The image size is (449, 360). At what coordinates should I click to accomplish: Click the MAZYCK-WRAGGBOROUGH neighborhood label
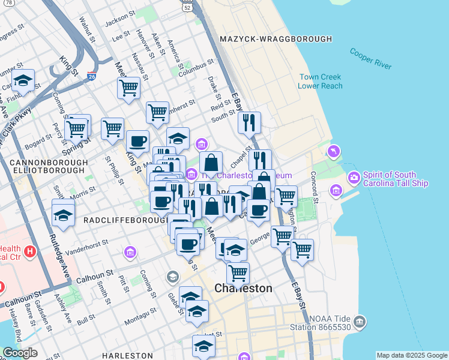(276, 39)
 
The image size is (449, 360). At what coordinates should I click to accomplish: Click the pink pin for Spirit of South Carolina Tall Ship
(354, 178)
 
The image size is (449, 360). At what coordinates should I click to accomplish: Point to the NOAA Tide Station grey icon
(360, 322)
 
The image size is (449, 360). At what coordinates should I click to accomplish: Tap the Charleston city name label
(243, 289)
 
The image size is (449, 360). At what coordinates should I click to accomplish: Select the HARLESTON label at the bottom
(127, 356)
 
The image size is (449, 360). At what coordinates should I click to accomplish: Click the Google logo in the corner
(19, 353)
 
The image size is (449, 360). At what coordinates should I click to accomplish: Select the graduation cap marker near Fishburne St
(23, 80)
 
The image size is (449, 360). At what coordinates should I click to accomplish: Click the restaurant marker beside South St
(249, 122)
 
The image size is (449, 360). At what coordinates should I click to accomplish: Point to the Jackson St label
(118, 22)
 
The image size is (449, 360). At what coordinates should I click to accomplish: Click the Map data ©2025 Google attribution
(412, 355)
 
